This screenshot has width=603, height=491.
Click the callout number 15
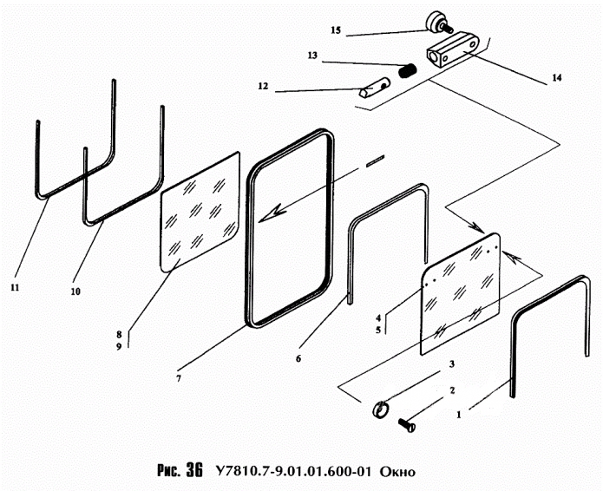(336, 30)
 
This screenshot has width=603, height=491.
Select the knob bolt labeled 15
(439, 23)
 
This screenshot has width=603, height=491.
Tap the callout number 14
(556, 78)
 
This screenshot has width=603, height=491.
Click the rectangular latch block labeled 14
(453, 50)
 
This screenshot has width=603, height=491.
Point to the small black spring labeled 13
(407, 71)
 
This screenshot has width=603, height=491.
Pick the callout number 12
(263, 86)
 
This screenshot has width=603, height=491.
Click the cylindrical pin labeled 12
(375, 88)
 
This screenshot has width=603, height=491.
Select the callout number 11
(15, 287)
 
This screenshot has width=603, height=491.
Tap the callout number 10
(75, 291)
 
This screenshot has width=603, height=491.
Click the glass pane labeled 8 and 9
(200, 212)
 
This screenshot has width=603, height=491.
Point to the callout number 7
(179, 378)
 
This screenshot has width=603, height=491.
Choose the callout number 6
(298, 359)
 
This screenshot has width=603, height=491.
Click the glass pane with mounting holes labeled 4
(461, 293)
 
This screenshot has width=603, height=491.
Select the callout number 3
(452, 363)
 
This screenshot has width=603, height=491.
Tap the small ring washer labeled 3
(380, 409)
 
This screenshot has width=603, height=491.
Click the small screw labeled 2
(407, 425)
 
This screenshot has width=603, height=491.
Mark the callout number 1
(458, 415)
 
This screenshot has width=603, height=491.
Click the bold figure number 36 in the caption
(194, 470)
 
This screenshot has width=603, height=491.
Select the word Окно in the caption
(397, 471)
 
